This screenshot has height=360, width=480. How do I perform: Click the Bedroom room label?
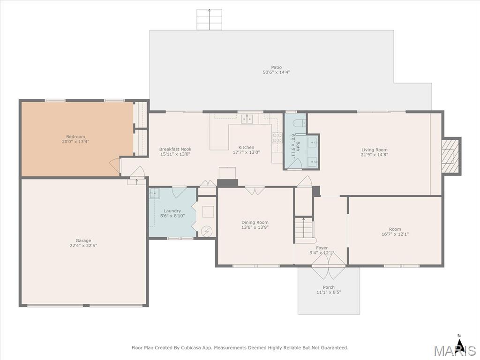(75, 137)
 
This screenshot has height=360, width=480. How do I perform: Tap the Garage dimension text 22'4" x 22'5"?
(83, 246)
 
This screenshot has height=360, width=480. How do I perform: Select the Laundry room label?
(172, 211)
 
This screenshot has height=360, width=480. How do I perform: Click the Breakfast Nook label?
(175, 150)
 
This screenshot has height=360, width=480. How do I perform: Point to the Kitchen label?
(247, 148)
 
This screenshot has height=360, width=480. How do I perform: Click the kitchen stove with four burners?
(277, 138)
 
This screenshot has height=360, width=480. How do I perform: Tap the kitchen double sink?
(247, 119)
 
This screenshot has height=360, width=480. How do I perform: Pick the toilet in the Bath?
(299, 123)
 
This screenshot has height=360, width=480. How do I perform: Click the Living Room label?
(375, 150)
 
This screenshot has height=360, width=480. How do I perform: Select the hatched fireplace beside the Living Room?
(450, 156)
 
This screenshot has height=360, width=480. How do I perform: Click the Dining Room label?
(255, 223)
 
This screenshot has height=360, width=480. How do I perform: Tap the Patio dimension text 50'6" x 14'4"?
(277, 72)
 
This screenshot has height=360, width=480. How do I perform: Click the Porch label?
(329, 287)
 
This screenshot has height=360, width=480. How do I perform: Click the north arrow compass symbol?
(459, 341)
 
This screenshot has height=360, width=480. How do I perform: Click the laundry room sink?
(155, 194)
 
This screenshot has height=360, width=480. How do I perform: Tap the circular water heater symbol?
(206, 231)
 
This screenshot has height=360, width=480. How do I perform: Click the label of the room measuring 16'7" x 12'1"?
(395, 229)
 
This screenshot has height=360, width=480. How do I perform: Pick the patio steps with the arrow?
(209, 20)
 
